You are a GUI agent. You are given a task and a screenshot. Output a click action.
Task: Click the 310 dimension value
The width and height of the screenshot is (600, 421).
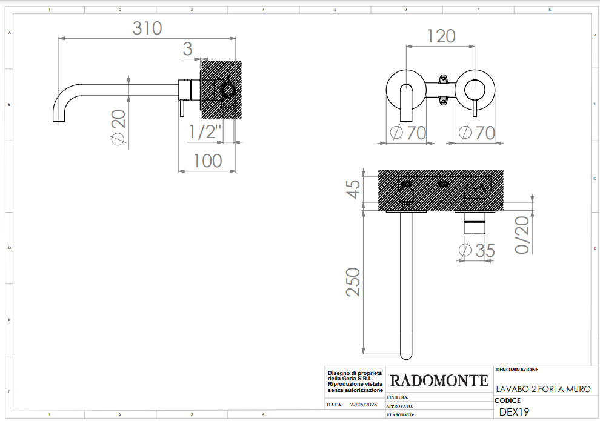(147, 28)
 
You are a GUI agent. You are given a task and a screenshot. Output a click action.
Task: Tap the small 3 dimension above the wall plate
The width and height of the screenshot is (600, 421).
(187, 49)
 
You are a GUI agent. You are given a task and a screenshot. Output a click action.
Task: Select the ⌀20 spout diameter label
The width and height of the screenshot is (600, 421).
(119, 127)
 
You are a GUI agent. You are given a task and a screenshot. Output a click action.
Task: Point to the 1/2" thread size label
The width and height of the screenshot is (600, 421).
(205, 132)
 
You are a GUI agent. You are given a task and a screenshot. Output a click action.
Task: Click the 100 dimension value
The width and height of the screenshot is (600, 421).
(208, 161)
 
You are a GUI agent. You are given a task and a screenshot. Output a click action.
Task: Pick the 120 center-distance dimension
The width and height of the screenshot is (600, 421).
(441, 36)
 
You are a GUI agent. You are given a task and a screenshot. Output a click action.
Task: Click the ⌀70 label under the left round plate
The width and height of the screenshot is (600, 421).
(408, 133)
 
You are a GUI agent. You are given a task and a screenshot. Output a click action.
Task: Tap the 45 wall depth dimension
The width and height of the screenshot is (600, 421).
(353, 189)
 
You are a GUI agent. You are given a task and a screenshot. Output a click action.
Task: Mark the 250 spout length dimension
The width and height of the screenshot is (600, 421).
(353, 282)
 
